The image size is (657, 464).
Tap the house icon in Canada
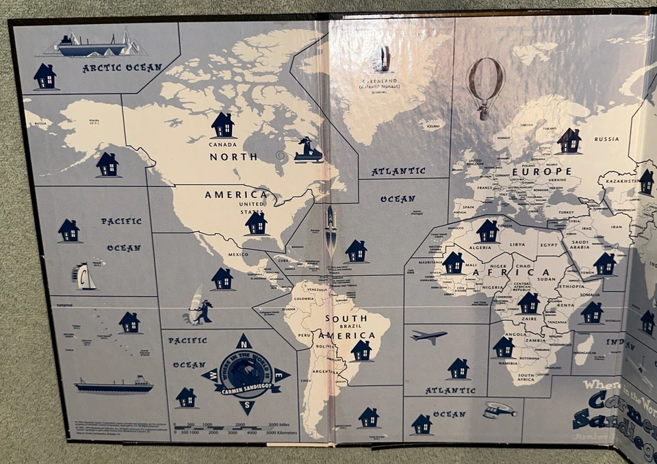[222, 125]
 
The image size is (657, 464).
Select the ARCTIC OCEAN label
[122, 68]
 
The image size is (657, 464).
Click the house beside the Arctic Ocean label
[45, 76]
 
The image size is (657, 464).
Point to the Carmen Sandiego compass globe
[244, 374]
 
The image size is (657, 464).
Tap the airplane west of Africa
[428, 336]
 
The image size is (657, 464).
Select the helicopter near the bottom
[499, 410]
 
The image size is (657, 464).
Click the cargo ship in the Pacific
[114, 385]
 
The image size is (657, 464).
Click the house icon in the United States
[256, 222]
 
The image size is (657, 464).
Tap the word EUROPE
[547, 171]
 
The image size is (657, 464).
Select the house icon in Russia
[569, 140]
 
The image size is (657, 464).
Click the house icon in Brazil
[361, 350]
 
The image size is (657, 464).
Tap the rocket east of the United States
[331, 229]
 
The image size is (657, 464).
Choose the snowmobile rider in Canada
[307, 150]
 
